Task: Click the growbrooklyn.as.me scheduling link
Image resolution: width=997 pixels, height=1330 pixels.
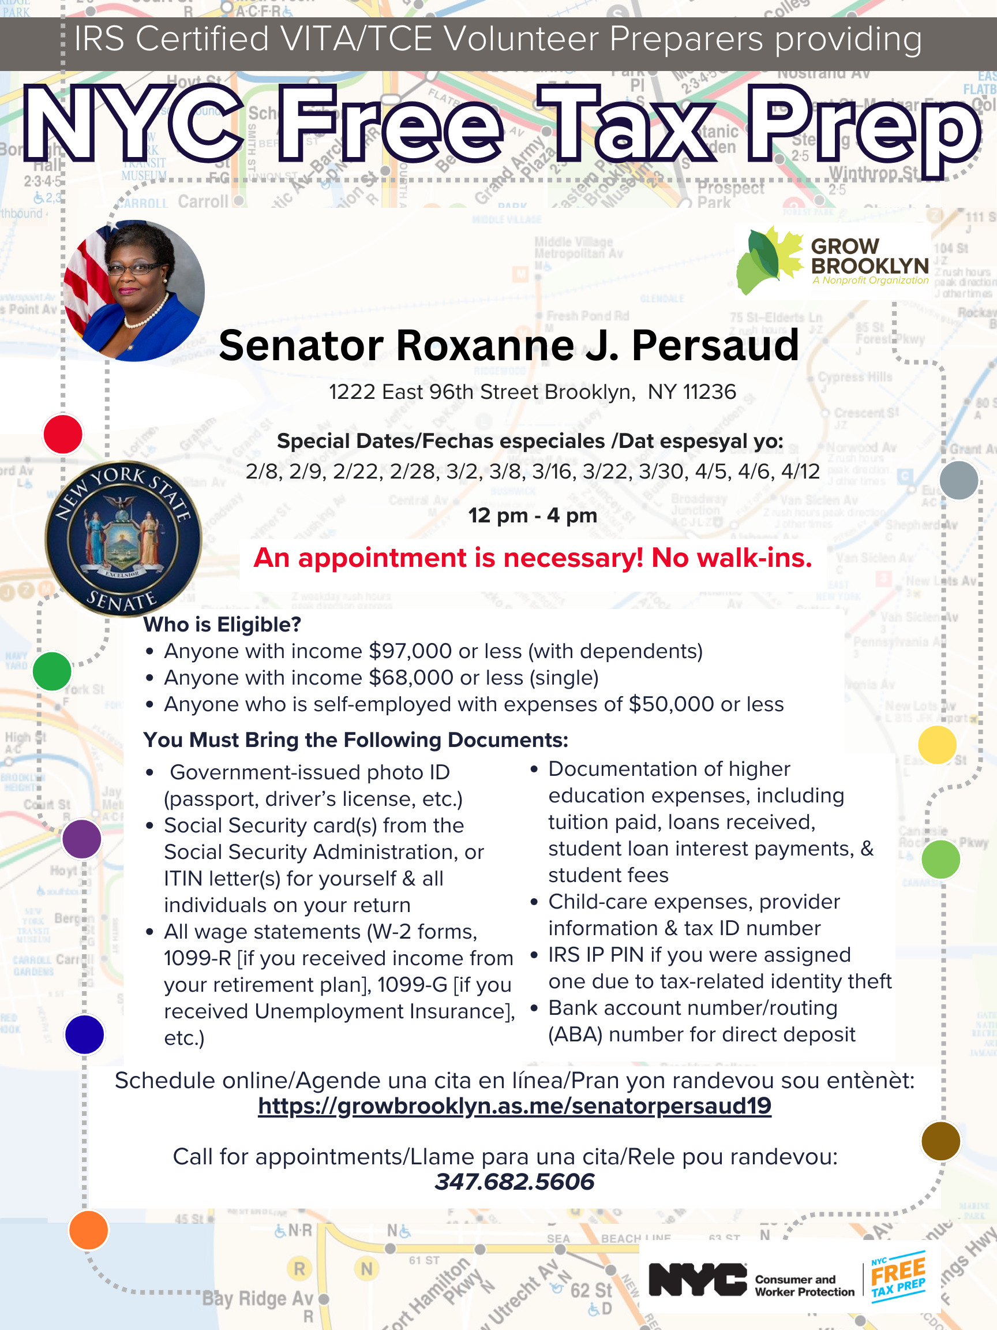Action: [x=514, y=1105]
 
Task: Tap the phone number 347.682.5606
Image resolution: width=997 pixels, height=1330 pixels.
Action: [x=514, y=1182]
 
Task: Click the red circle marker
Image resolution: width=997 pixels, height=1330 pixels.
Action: [x=62, y=434]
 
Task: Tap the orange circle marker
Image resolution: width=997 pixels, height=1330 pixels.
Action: [x=88, y=1230]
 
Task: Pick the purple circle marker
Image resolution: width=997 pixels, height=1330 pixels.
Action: [x=82, y=838]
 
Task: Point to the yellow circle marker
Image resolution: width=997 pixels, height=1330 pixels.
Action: [x=936, y=744]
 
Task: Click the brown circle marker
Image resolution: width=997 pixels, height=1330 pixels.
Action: [x=940, y=1140]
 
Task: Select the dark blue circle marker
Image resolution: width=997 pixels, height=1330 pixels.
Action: [x=84, y=1034]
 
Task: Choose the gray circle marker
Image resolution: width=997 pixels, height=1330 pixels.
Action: [x=958, y=480]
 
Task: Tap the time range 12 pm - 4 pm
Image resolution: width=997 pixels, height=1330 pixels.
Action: [x=533, y=515]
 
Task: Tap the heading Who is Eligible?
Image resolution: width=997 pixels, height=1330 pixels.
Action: [x=222, y=625]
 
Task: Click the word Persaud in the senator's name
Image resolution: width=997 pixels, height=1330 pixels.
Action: [x=715, y=346]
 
